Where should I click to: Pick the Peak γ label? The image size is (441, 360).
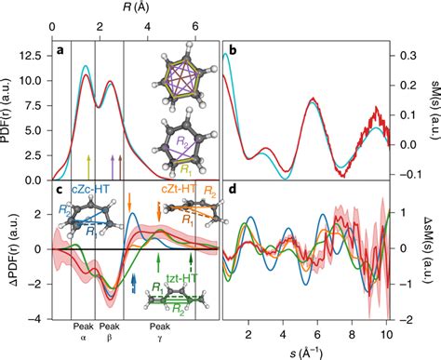(x=160, y=333)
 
